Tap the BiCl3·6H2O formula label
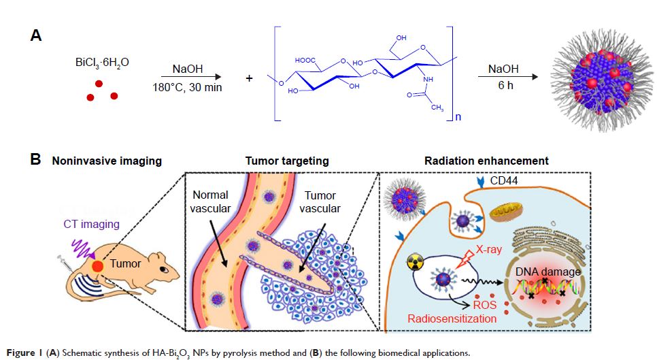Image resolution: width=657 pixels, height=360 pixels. (102, 63)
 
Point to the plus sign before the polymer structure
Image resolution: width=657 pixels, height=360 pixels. (248, 78)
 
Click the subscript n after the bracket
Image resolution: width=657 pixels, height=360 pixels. (457, 116)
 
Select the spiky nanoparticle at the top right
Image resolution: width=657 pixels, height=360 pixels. (596, 77)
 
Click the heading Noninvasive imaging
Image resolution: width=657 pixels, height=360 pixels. (107, 161)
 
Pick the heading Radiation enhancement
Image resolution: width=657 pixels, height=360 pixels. (486, 161)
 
